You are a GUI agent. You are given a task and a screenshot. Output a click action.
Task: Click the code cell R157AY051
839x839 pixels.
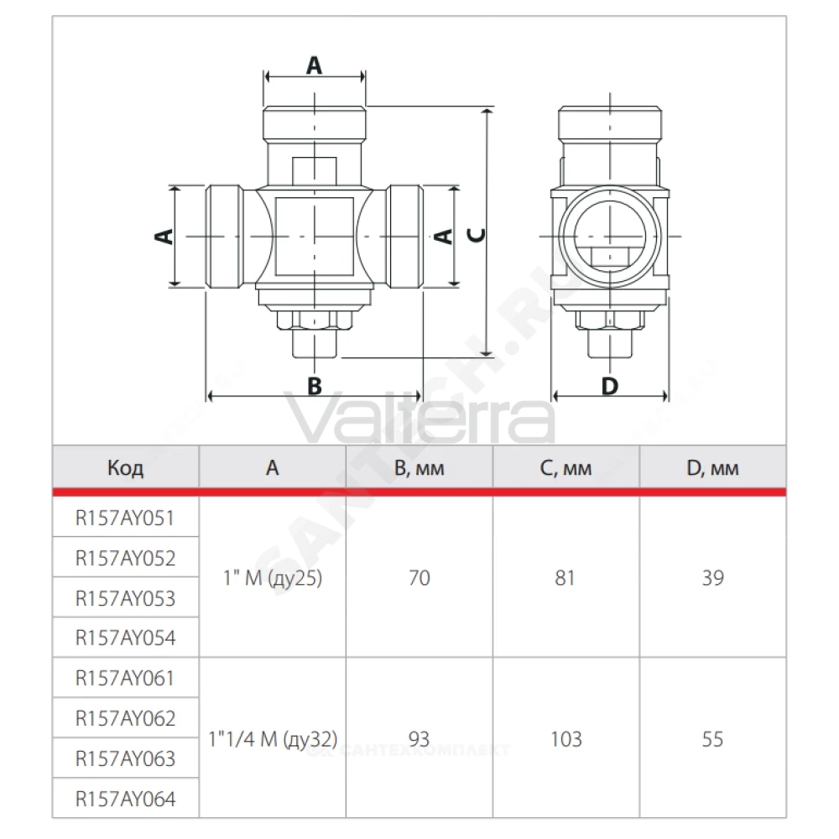[x=125, y=518]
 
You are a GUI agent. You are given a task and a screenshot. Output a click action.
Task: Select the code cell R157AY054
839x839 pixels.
[x=125, y=638]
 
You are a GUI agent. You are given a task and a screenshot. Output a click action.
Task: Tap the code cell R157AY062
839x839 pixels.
[x=125, y=718]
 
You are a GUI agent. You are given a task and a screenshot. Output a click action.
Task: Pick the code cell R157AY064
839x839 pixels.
[x=125, y=799]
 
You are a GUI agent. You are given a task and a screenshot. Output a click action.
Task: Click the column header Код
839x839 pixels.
[x=125, y=467]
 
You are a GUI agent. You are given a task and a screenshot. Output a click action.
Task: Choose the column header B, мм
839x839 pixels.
[x=419, y=468]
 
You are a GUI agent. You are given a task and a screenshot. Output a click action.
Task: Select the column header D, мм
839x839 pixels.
[x=712, y=468]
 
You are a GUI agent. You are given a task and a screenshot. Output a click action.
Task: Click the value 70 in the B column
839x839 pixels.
[x=419, y=578]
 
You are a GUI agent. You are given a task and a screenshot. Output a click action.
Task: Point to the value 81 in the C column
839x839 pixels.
[x=565, y=578]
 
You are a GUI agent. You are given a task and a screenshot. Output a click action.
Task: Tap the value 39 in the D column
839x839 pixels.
[x=712, y=578]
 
